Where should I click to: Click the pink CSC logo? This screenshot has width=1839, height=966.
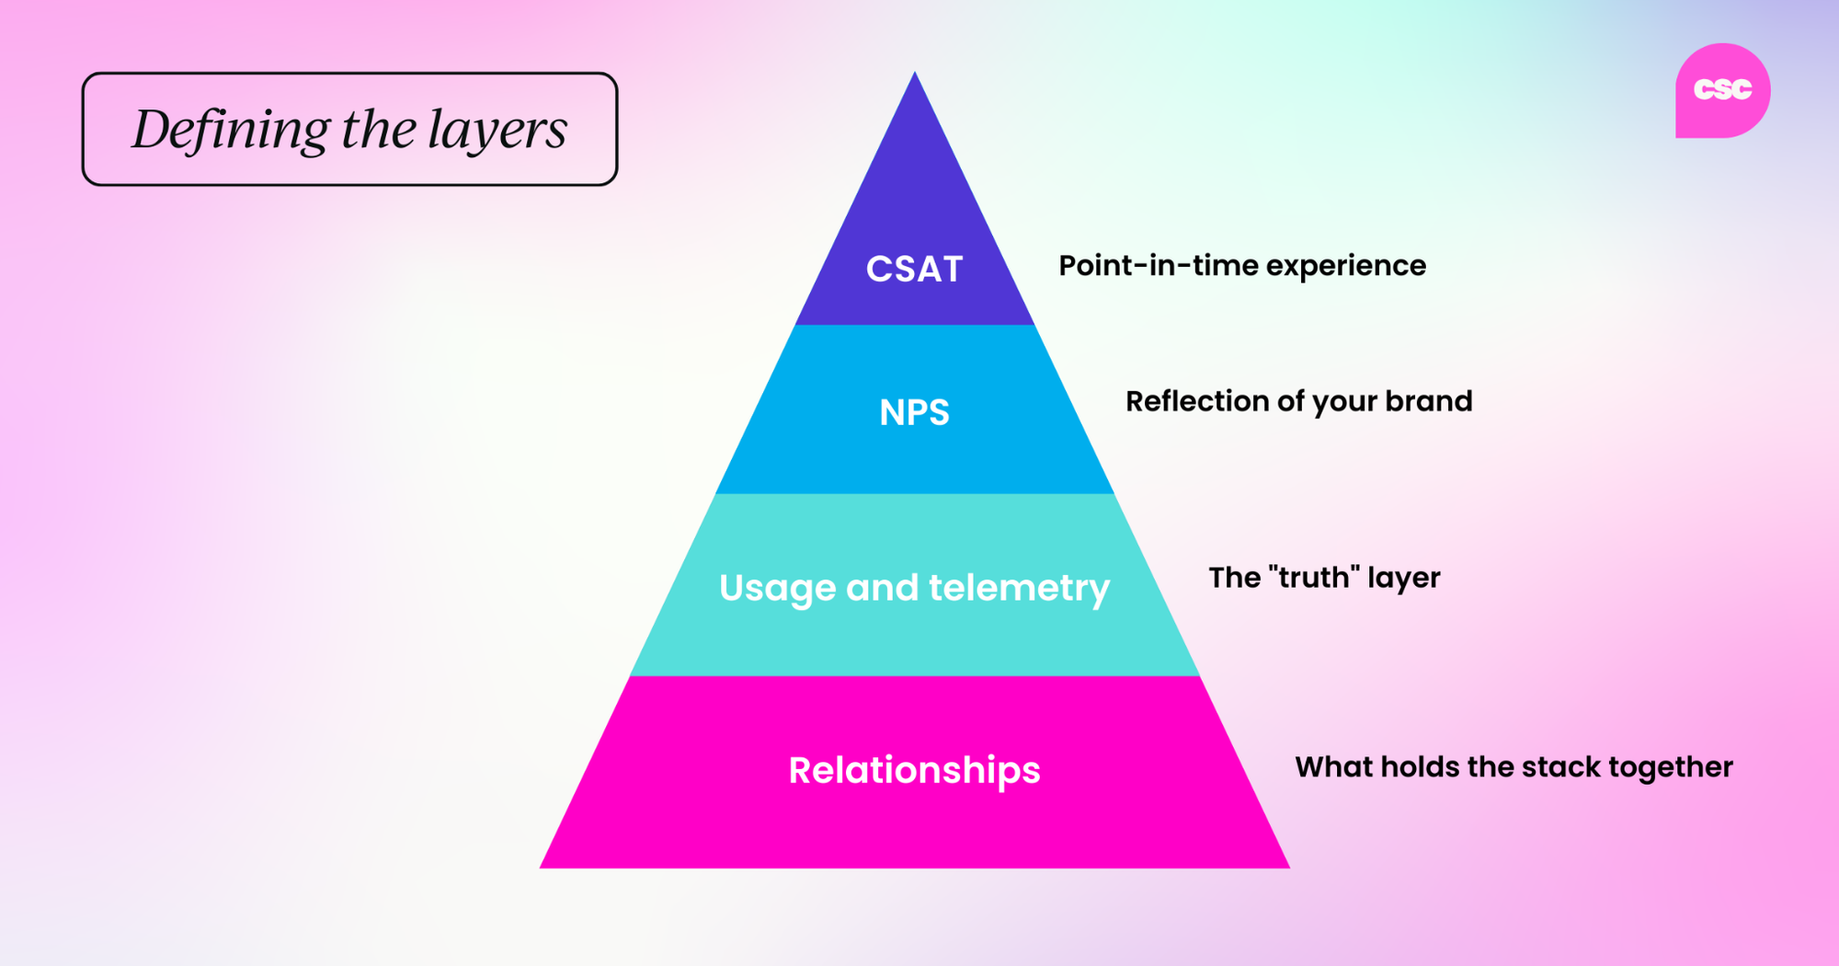(1722, 90)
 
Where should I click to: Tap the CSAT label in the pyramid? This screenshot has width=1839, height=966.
(914, 270)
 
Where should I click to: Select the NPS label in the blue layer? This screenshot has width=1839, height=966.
(914, 412)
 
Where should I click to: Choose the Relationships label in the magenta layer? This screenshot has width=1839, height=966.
(914, 770)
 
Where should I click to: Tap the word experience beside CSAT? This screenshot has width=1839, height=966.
(1346, 267)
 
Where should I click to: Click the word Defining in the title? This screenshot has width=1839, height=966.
(231, 130)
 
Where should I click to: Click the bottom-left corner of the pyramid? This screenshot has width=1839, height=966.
(542, 867)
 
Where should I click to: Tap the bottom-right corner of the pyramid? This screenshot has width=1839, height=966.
(1287, 867)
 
